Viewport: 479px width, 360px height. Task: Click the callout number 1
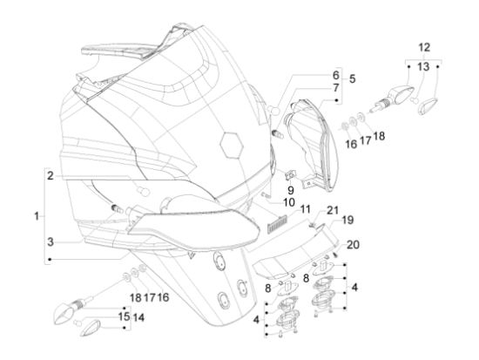(x=37, y=216)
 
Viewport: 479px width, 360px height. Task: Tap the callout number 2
(x=51, y=176)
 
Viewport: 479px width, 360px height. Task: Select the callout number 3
(x=51, y=241)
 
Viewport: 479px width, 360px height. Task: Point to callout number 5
(x=352, y=78)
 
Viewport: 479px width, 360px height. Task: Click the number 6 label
(x=335, y=75)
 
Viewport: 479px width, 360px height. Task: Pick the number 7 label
(x=336, y=88)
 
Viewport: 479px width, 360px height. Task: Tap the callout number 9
(x=291, y=190)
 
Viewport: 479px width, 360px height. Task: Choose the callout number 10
(x=289, y=202)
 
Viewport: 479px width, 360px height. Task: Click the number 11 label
(x=305, y=209)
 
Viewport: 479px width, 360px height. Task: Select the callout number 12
(x=424, y=47)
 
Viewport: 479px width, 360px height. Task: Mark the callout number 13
(x=423, y=66)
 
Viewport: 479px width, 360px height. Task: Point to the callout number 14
(x=138, y=317)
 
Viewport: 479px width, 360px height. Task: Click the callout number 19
(x=347, y=220)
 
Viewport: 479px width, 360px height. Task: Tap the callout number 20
(x=353, y=244)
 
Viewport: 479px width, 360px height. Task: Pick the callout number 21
(x=333, y=210)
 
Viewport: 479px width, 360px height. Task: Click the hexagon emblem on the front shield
(x=232, y=145)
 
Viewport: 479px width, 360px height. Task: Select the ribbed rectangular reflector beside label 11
(x=277, y=224)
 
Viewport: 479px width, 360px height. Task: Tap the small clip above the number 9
(x=290, y=175)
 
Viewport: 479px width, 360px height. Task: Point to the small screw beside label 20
(x=336, y=254)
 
